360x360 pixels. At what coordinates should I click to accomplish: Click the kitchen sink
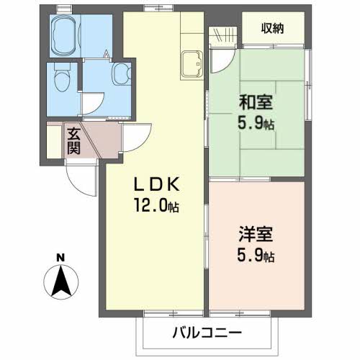click(192, 63)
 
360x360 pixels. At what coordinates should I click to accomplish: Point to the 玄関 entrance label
click(73, 140)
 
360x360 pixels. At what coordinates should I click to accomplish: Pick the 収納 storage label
click(271, 29)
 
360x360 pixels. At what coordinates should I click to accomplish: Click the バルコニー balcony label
click(207, 333)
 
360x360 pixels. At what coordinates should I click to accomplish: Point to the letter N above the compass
click(61, 257)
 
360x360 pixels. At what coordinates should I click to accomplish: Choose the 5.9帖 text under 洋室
click(258, 255)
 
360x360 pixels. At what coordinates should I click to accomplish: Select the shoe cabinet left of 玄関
click(51, 142)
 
